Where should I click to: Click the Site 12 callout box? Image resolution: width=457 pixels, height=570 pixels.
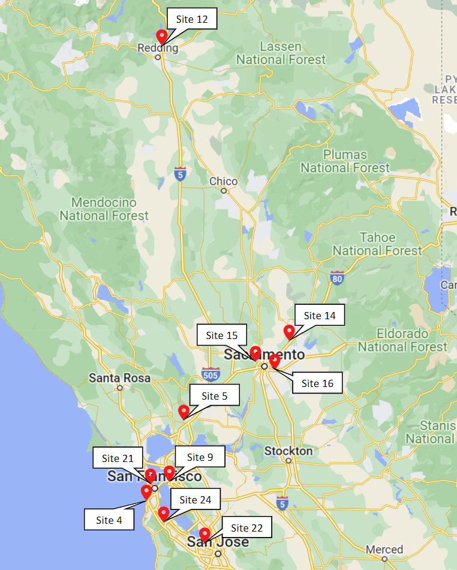click(192, 20)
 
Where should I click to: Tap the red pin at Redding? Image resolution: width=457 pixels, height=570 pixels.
click(161, 37)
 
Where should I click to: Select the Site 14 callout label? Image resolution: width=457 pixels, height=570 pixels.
click(320, 316)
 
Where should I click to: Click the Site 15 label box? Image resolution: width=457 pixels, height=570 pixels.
click(222, 335)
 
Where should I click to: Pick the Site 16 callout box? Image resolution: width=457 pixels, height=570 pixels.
click(317, 383)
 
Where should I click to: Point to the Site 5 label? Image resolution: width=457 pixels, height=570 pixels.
click(215, 396)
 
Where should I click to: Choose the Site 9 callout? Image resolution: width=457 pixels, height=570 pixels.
click(200, 457)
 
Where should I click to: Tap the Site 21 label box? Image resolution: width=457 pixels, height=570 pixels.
click(118, 458)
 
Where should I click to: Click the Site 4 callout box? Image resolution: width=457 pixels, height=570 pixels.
click(109, 520)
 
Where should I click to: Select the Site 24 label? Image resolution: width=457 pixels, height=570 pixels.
click(196, 500)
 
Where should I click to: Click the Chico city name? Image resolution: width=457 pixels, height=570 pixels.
click(223, 181)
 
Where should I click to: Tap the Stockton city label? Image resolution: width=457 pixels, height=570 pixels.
click(288, 451)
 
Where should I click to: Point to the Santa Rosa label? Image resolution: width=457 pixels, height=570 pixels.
click(119, 378)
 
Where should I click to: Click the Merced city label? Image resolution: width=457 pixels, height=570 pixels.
click(384, 549)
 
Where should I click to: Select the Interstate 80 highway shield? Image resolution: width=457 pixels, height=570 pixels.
click(336, 278)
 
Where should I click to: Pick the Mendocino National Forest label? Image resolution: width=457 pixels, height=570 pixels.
click(104, 209)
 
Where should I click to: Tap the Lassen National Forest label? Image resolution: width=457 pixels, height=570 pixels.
click(281, 53)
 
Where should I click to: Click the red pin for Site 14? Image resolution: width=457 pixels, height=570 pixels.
click(289, 331)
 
